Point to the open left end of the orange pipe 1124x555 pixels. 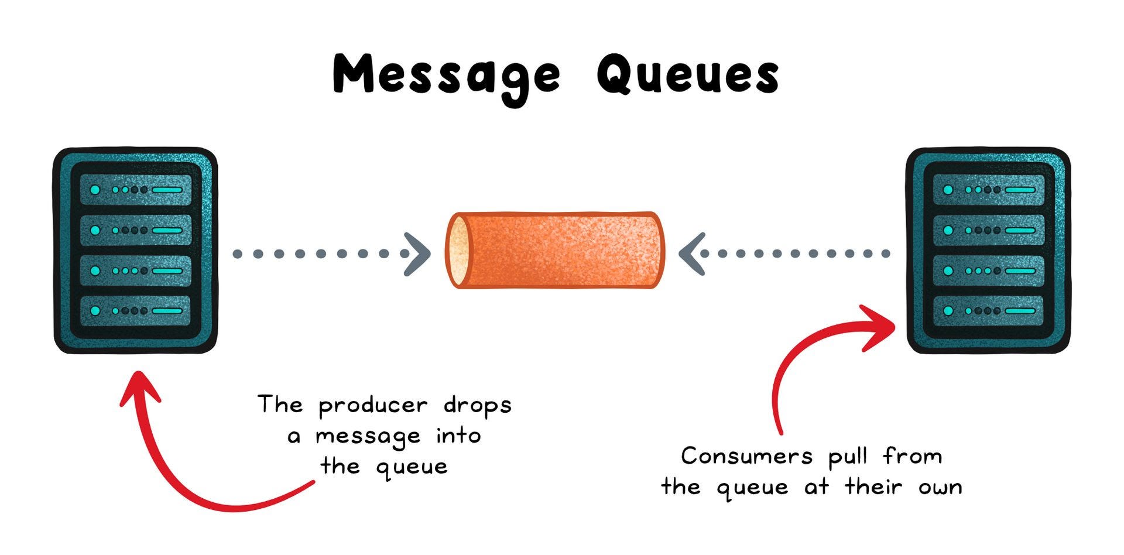(x=458, y=251)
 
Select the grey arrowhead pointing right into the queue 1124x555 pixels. (x=417, y=254)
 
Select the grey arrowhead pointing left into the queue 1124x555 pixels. (x=692, y=254)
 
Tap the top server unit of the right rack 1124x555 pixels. (x=988, y=190)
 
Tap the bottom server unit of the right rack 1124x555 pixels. (x=988, y=310)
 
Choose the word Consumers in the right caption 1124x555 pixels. (x=746, y=457)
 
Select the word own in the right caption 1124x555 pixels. (x=940, y=488)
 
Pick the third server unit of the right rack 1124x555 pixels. (x=988, y=270)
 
